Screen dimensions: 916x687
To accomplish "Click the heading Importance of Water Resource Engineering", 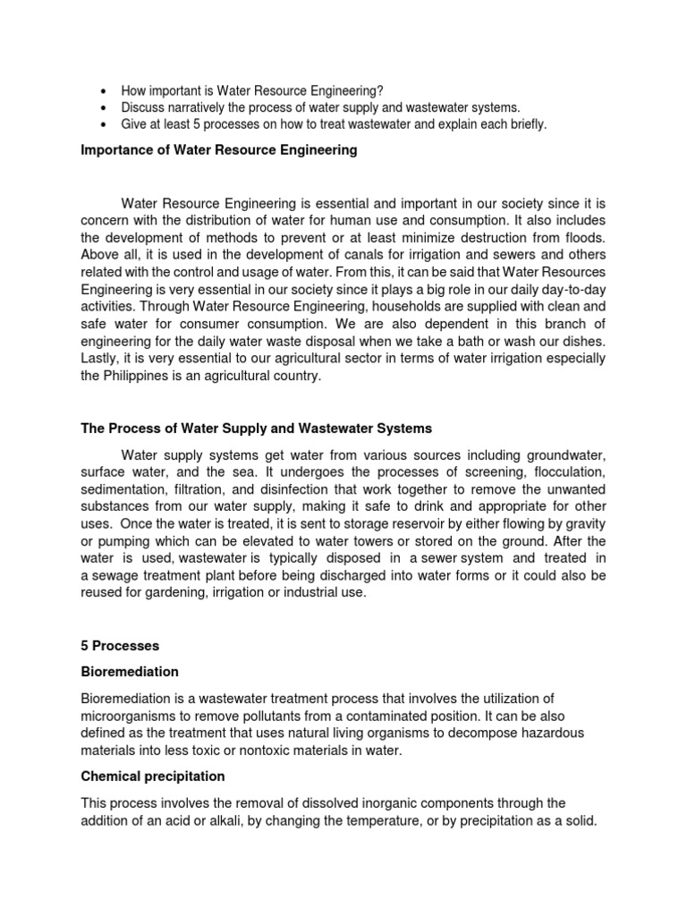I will pos(219,150).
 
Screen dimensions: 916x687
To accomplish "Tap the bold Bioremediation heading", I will pos(130,671).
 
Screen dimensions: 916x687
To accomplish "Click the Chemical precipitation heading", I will pos(153,776).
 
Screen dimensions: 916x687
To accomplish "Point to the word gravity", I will pos(582,523).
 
